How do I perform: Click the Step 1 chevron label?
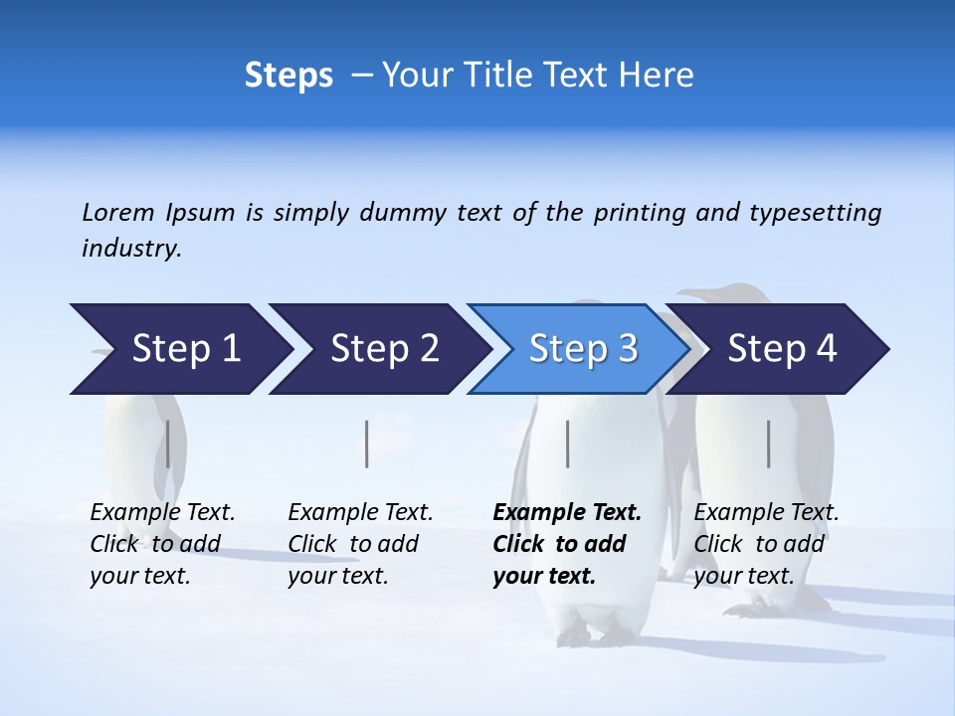[186, 349]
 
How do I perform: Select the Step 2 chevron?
[384, 349]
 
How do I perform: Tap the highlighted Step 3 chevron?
[583, 349]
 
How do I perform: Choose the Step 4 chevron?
[782, 349]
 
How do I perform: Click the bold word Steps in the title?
[288, 76]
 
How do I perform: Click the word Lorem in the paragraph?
[117, 213]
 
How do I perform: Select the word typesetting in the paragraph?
[815, 213]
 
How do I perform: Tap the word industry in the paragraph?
[130, 249]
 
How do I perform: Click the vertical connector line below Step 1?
[168, 444]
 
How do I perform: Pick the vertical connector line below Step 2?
[367, 444]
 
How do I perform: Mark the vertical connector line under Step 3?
[567, 444]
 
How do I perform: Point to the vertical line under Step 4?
[768, 444]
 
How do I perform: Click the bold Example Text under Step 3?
[567, 513]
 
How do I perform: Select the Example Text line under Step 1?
[162, 513]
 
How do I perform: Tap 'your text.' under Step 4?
[743, 576]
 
